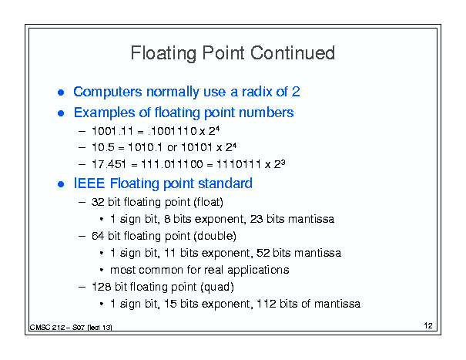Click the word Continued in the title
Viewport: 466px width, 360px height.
coord(293,53)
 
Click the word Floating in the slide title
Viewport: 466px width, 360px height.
coord(163,53)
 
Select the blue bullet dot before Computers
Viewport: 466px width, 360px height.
coord(61,93)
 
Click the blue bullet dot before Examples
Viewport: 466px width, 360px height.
coord(61,113)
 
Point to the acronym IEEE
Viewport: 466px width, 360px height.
coord(89,183)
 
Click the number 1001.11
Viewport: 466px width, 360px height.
coord(112,131)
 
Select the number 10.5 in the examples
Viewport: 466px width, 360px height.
coord(103,147)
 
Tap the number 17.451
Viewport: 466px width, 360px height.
coord(109,164)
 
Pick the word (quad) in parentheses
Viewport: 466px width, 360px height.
coord(217,287)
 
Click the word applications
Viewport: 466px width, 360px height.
coord(258,271)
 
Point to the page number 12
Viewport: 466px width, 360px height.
coord(428,325)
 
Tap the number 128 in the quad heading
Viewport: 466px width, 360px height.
coord(102,287)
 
